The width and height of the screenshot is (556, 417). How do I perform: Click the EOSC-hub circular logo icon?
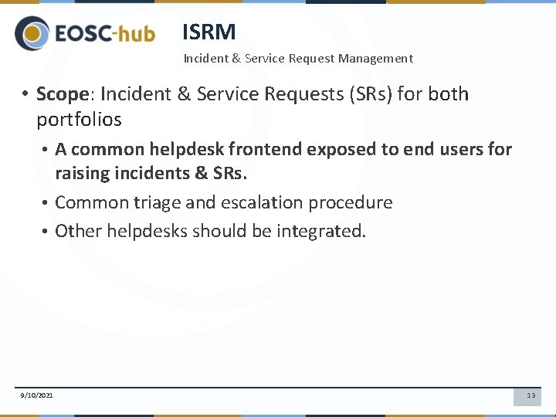coord(32,34)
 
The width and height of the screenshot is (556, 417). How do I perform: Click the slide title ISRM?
coord(208,32)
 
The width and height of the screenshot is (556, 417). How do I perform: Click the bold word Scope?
coord(63,94)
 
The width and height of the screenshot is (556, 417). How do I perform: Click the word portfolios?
coord(79,120)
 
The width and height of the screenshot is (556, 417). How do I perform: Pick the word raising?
coord(81,173)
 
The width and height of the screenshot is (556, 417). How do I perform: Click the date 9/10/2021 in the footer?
coord(37,395)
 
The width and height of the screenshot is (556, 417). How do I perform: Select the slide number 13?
coord(531,395)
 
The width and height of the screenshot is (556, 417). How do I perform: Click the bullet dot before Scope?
coord(25,94)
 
